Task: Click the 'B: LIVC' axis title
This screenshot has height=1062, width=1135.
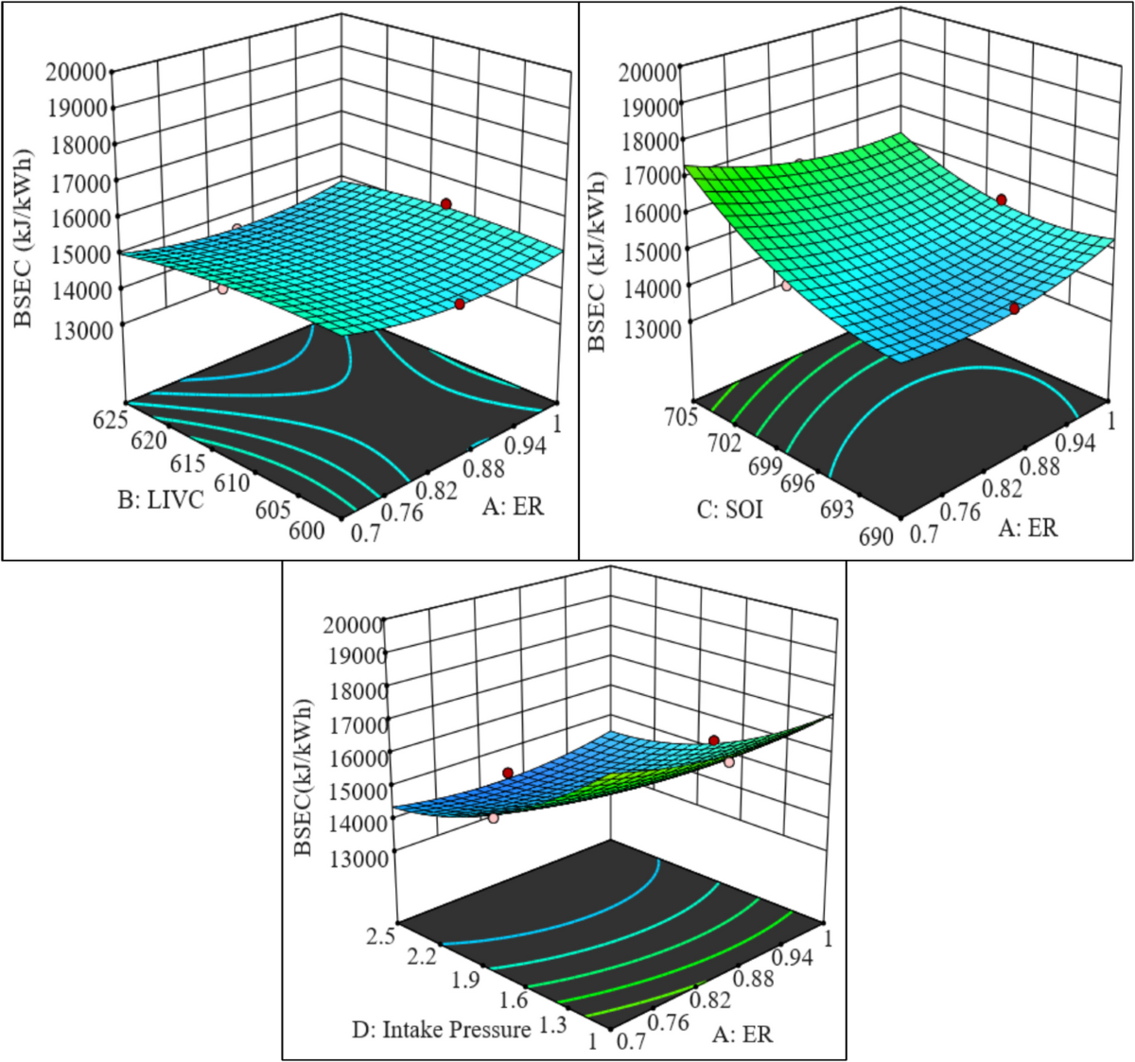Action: (161, 499)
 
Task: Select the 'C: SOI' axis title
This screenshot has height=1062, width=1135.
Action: (729, 511)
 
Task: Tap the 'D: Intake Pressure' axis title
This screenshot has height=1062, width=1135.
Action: (441, 1029)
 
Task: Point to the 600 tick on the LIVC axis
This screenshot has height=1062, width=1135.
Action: (306, 531)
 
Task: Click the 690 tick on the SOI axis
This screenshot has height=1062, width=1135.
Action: (875, 536)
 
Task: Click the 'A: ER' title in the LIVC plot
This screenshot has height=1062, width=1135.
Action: (513, 507)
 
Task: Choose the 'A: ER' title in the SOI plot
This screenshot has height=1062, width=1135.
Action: (1028, 527)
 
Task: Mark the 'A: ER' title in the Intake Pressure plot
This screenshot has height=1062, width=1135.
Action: (743, 1034)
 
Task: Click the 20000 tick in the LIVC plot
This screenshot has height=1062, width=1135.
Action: (80, 72)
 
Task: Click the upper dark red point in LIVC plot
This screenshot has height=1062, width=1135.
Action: (445, 203)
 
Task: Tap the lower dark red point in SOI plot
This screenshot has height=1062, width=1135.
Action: (1014, 308)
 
